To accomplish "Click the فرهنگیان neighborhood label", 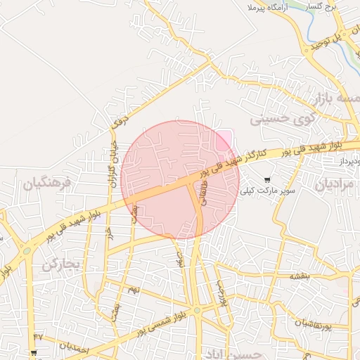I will click(47, 184).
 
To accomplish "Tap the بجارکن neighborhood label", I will click(62, 264).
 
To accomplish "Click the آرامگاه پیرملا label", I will click(269, 7).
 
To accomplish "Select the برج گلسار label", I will click(326, 6).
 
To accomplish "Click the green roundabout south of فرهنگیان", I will click(27, 250).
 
